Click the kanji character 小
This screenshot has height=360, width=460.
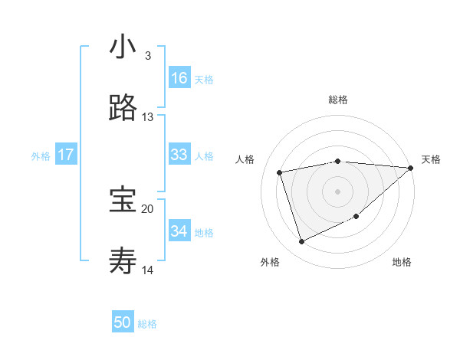123,47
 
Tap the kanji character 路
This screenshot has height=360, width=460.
123,109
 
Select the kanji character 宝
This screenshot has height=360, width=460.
123,201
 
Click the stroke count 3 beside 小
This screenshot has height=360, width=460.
148,56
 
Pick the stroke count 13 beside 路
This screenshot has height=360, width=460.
148,117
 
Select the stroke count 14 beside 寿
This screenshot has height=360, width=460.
148,270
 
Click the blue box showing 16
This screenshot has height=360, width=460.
179,77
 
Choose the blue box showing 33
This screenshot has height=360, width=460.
179,154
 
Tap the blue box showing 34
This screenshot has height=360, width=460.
179,231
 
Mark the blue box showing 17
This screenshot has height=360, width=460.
66,155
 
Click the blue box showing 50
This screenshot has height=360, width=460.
123,322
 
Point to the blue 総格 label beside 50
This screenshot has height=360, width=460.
147,324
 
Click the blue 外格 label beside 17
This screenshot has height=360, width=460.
41,156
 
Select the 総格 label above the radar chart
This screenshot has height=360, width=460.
338,100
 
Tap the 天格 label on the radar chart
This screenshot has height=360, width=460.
431,159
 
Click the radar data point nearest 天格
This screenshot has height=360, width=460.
410,168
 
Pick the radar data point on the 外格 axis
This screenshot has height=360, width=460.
301,242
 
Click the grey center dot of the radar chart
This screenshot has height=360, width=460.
337,191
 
